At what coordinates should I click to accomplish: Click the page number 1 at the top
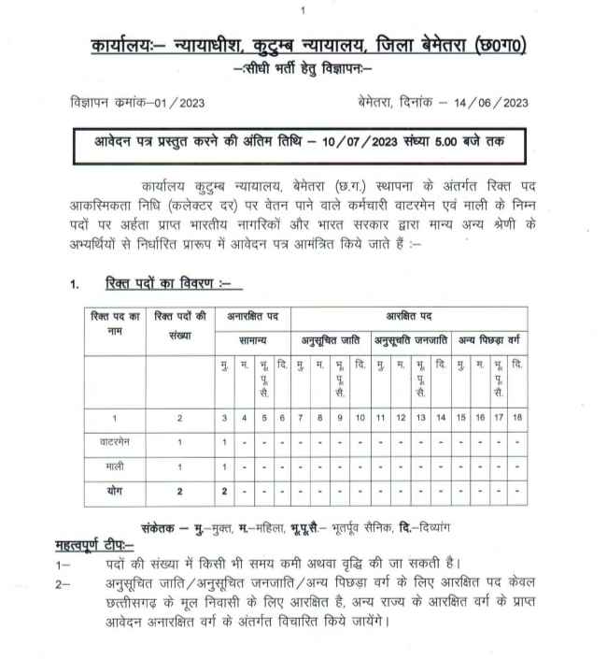(x=303, y=9)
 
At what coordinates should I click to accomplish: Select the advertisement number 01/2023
(x=173, y=101)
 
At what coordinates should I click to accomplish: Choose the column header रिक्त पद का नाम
(x=113, y=323)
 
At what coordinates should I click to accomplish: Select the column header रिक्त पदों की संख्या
(x=179, y=323)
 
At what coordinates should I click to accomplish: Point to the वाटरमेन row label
(x=113, y=440)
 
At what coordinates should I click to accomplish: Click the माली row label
(x=113, y=465)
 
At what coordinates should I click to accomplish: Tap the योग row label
(x=113, y=489)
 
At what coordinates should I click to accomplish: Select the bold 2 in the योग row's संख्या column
(x=179, y=489)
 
